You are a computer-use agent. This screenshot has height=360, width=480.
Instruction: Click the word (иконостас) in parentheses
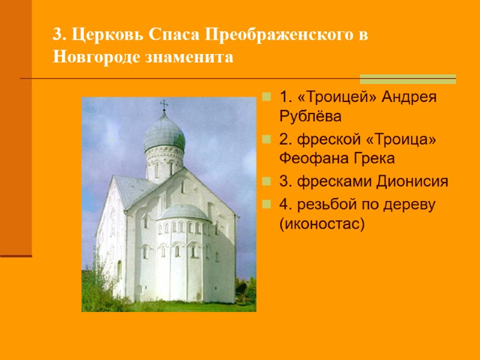point(322,223)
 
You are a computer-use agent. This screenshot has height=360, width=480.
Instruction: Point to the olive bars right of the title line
point(407,79)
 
